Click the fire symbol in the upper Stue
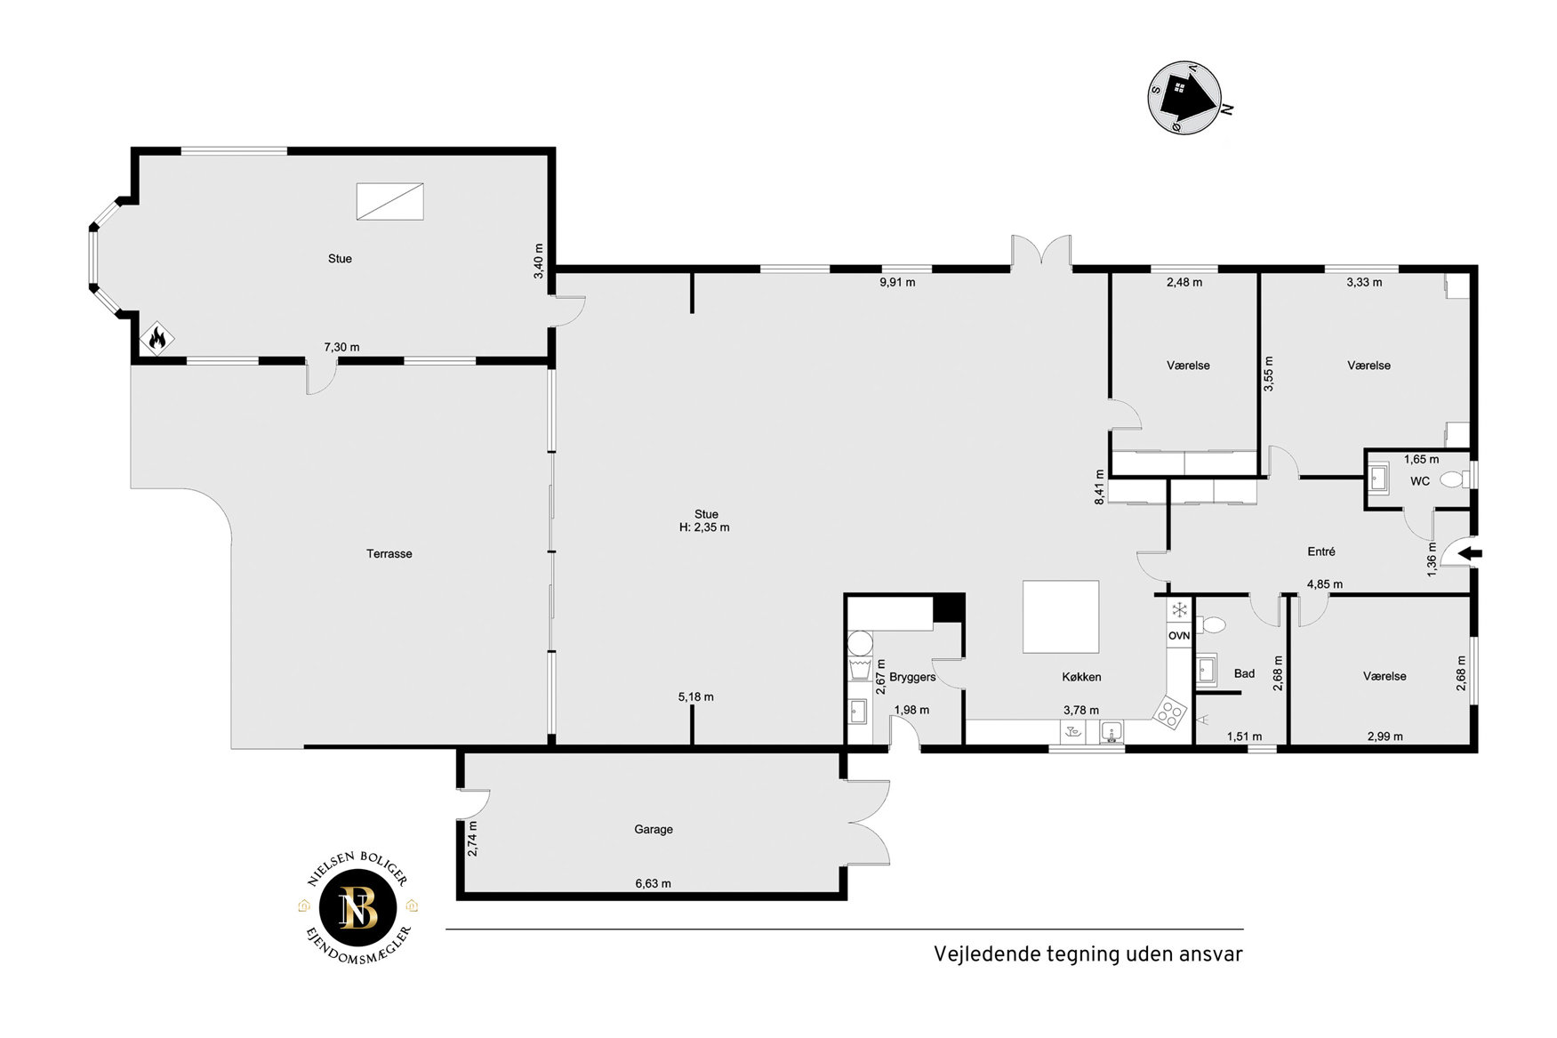(157, 338)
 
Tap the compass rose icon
(1184, 97)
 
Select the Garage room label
(654, 829)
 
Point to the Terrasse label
(389, 553)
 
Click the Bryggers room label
(912, 677)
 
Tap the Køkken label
(1081, 677)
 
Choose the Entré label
(1321, 551)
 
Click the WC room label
(1420, 481)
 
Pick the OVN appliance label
(1179, 636)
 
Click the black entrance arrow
(1472, 554)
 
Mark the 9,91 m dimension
(897, 283)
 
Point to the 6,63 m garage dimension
(653, 883)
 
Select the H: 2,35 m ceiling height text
(704, 527)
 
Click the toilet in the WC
(1454, 479)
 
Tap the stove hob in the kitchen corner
(1170, 711)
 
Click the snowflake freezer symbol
(1179, 610)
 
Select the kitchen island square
(1061, 616)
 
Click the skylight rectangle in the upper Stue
(389, 201)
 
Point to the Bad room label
(1244, 673)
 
